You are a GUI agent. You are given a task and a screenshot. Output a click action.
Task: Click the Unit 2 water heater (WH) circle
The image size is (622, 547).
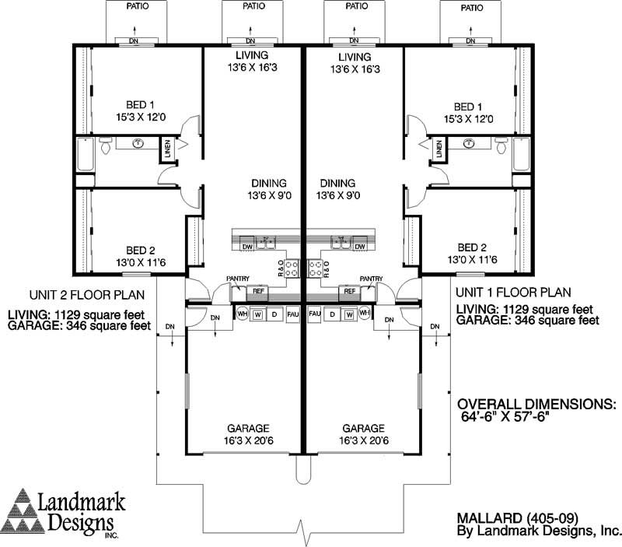click(242, 314)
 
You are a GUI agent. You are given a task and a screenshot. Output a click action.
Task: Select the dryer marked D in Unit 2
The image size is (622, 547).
click(273, 314)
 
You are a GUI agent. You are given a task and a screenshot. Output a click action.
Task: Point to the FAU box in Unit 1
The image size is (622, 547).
click(315, 314)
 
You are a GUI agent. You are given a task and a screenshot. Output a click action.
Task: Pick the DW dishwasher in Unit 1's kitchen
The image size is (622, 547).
click(359, 247)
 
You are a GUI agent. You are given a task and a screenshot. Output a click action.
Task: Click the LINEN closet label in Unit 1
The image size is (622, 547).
click(439, 149)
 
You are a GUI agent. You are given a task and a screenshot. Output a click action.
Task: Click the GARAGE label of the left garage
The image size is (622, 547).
click(248, 428)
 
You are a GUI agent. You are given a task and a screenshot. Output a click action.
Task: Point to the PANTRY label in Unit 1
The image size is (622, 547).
click(371, 279)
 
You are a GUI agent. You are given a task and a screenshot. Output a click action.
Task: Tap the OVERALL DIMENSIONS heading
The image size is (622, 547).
click(536, 405)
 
